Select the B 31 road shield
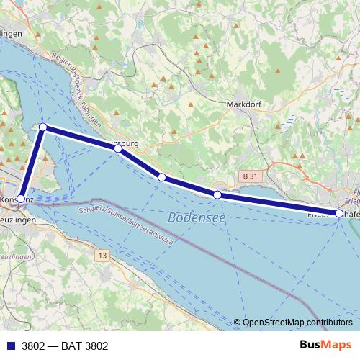(249, 176)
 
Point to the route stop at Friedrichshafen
(339, 213)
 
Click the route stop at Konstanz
(21, 199)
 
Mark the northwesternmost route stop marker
(43, 127)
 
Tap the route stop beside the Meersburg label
(117, 148)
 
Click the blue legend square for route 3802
(10, 346)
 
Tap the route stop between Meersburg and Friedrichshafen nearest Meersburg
(162, 177)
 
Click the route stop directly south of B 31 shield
(217, 194)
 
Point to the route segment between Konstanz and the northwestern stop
(32, 163)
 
